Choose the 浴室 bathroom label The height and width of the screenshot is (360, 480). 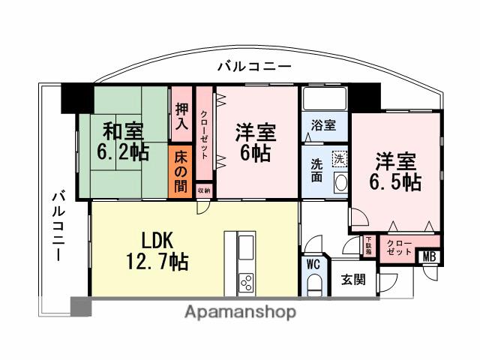pyautogui.click(x=323, y=124)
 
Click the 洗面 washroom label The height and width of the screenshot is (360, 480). pyautogui.click(x=317, y=170)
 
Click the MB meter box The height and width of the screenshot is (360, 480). pyautogui.click(x=430, y=256)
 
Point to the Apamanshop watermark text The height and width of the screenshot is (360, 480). pyautogui.click(x=240, y=310)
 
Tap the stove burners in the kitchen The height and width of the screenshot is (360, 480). pyautogui.click(x=246, y=282)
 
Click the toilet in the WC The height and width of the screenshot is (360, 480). pyautogui.click(x=314, y=284)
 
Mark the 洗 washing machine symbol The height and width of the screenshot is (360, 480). pyautogui.click(x=340, y=158)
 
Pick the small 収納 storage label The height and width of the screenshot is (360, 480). pyautogui.click(x=204, y=191)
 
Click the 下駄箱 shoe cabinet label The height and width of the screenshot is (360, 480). pyautogui.click(x=369, y=245)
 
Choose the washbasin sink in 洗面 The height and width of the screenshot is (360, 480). pyautogui.click(x=340, y=183)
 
